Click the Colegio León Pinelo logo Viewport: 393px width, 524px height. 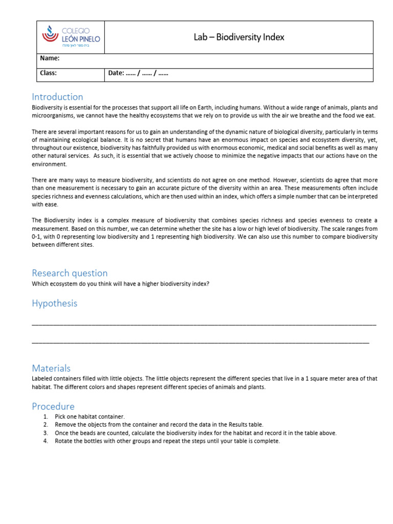coord(71,37)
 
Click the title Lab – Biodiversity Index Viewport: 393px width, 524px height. coord(238,37)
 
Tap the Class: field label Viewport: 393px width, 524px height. coord(48,73)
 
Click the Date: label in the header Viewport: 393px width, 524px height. coord(116,73)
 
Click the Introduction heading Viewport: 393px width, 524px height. coord(57,97)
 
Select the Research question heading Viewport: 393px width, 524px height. coord(70,273)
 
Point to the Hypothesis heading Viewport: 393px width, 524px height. coord(54,303)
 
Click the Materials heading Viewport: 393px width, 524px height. coord(51,368)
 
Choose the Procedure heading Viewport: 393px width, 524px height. coord(53,406)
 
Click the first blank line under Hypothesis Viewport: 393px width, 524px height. coord(204,324)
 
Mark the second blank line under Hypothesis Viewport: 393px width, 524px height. coord(200,341)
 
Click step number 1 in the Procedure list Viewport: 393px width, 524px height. coord(46,417)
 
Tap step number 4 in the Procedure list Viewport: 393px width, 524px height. coord(46,441)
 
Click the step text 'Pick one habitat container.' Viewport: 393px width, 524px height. coord(90,417)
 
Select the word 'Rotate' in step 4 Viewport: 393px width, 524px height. coord(63,441)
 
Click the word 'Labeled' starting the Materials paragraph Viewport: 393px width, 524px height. coord(42,379)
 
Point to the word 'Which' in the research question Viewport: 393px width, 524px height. coord(40,284)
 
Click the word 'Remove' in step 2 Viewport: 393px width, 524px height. coord(65,425)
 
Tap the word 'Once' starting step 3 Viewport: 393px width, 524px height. coord(61,433)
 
